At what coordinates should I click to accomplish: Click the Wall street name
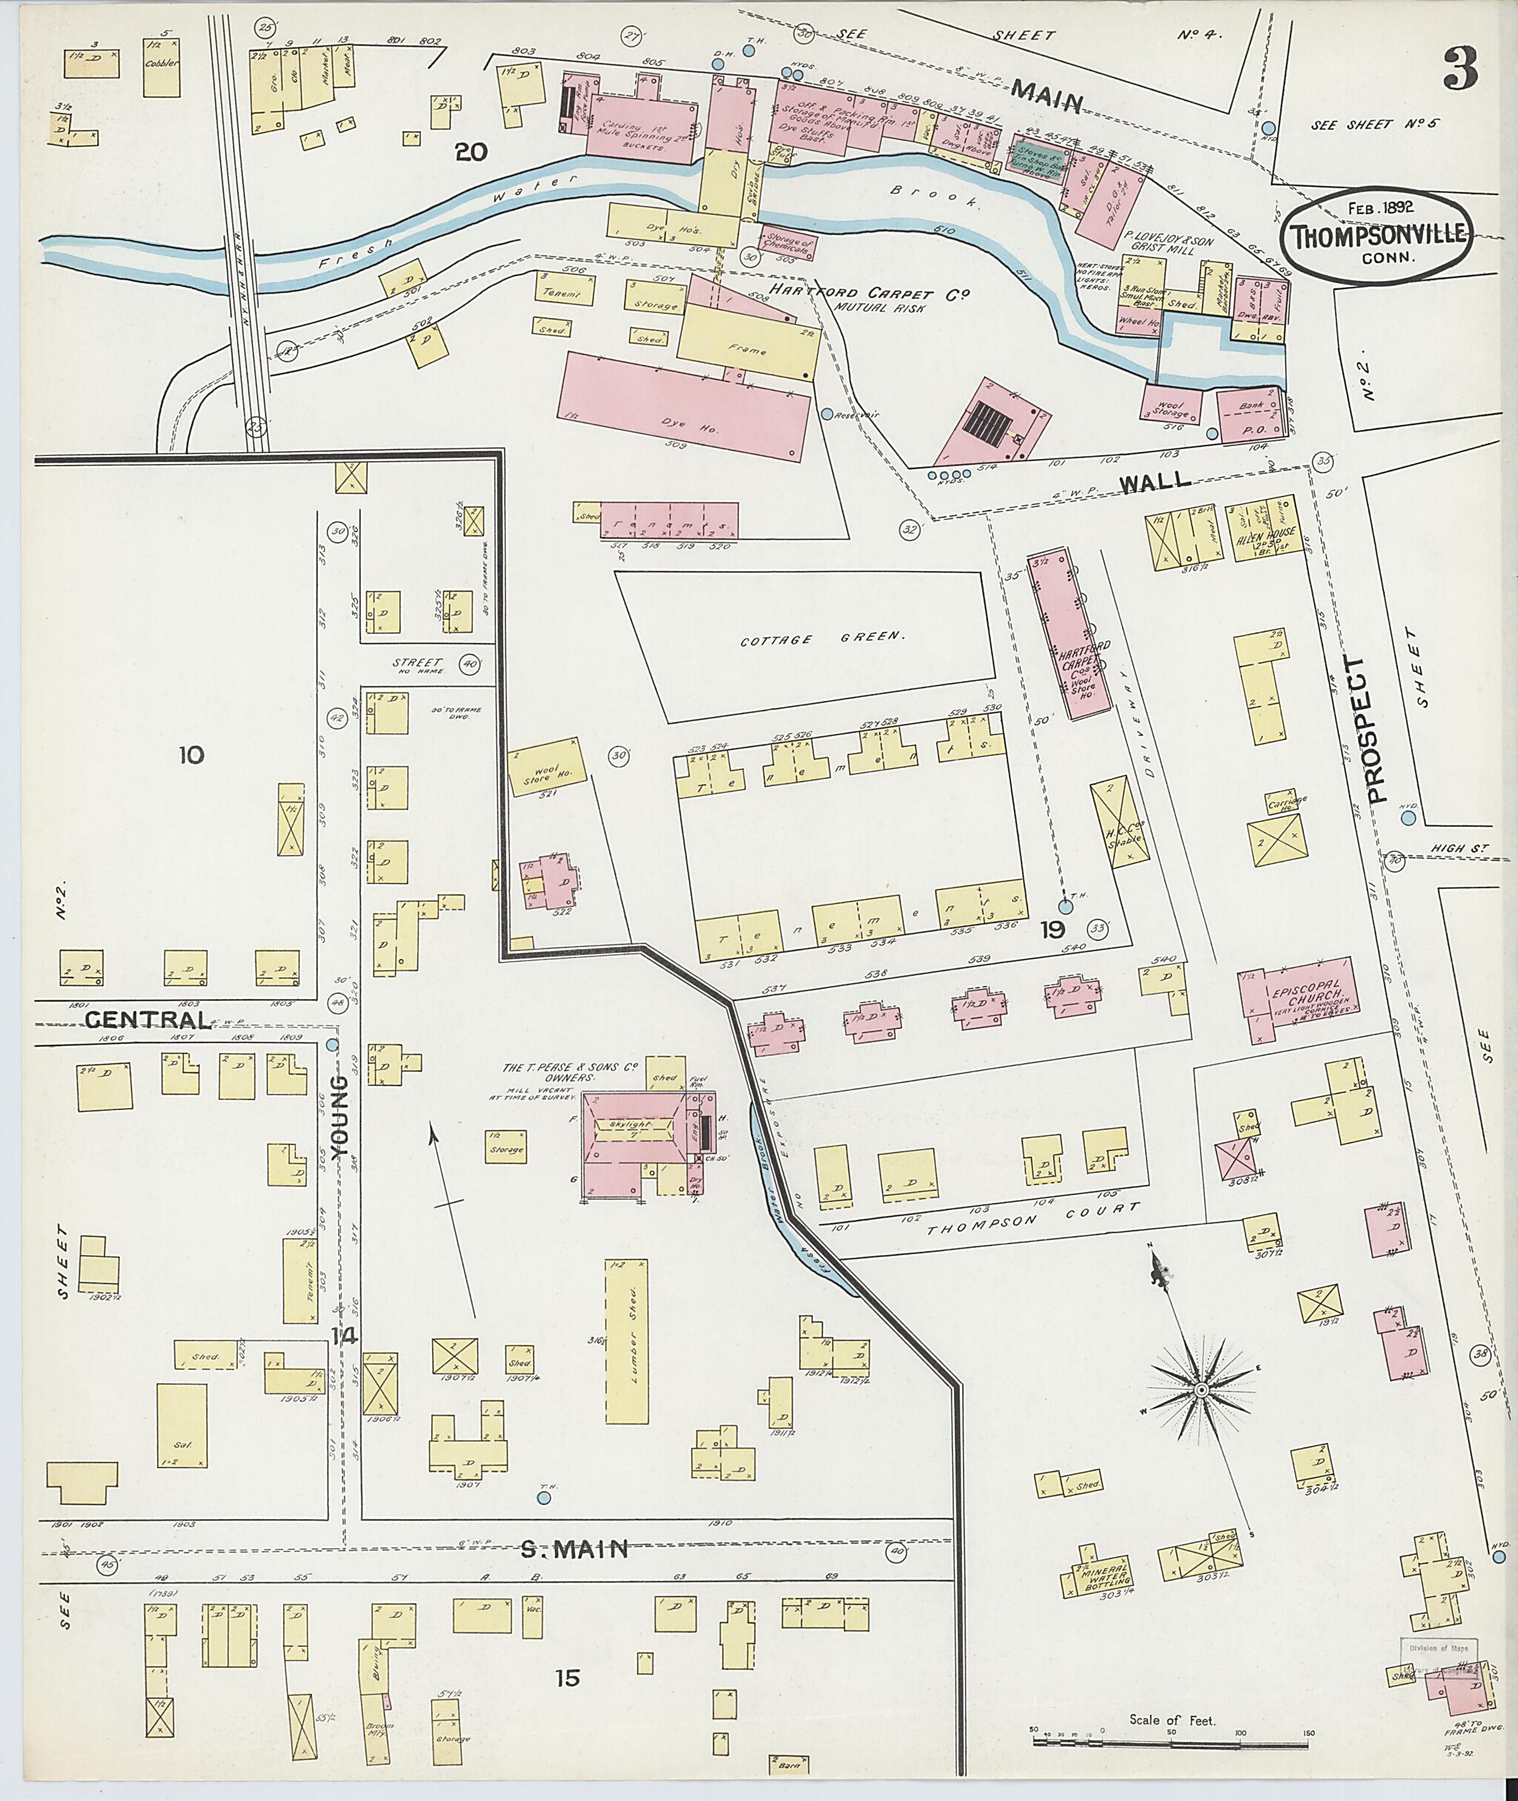[1155, 480]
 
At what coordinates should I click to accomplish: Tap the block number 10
[191, 756]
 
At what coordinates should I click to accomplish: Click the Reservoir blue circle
[827, 414]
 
